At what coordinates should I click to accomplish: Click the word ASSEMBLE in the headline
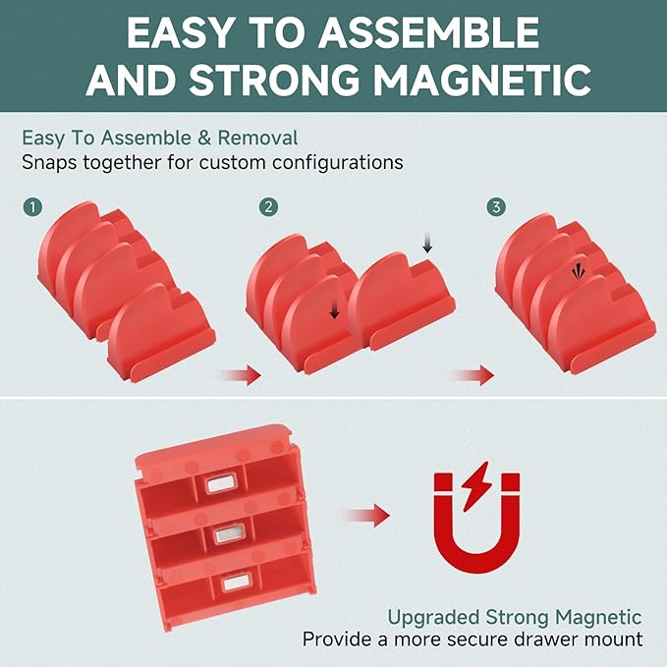428,33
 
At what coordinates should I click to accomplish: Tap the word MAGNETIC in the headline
482,80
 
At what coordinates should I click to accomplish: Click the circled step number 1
32,207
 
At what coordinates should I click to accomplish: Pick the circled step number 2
268,207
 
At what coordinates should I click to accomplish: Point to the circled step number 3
496,207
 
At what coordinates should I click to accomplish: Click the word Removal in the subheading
257,138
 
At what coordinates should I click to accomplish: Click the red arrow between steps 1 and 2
242,375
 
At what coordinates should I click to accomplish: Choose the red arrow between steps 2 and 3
473,375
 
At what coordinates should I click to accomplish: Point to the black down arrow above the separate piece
427,242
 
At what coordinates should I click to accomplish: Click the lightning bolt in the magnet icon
476,486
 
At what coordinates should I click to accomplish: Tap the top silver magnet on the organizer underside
220,484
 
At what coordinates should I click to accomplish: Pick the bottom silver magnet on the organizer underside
237,583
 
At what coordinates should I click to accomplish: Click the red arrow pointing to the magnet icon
367,516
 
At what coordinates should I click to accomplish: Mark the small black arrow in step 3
578,272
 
